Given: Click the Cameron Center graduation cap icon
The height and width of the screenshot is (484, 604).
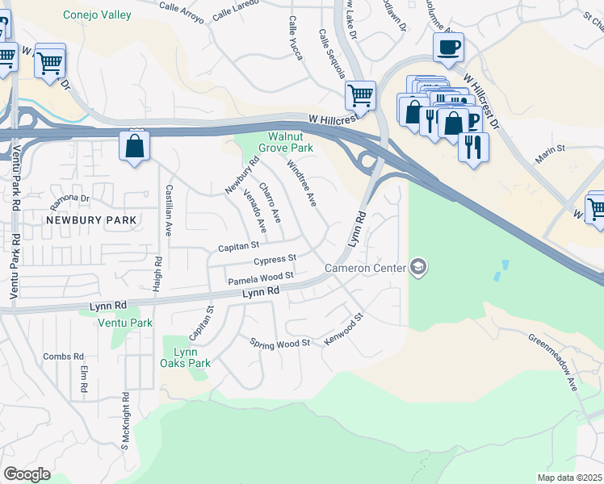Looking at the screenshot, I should click(418, 267).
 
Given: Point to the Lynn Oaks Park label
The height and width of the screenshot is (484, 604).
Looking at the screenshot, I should click(192, 357).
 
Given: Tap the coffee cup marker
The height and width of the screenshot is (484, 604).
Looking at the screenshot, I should click(448, 48).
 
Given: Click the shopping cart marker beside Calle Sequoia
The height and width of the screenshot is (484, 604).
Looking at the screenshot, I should click(360, 95).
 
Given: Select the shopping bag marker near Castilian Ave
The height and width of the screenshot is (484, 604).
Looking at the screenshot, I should click(134, 148).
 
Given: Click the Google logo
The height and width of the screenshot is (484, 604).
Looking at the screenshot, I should click(26, 474).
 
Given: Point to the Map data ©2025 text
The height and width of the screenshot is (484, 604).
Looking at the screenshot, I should click(570, 478).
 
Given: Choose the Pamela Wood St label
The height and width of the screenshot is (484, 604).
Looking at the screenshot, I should click(259, 277).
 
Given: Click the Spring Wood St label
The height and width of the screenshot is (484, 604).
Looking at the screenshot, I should click(280, 343).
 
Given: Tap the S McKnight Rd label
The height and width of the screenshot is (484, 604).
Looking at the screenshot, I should click(125, 420).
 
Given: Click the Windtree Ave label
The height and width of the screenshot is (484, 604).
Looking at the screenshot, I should click(302, 182).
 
